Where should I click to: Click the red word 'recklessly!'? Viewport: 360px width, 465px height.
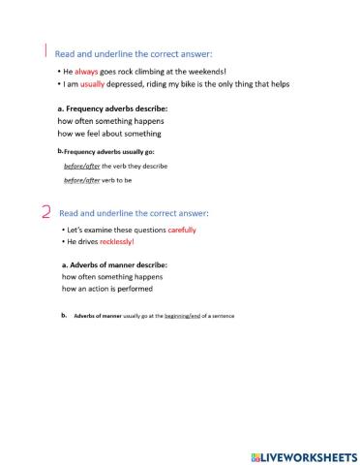[x=122, y=241]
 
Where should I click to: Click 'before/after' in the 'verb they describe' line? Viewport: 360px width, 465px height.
[x=79, y=166]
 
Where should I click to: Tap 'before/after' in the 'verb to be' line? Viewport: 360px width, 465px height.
[x=79, y=181]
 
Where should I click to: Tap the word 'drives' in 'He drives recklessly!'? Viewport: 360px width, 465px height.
[x=88, y=241]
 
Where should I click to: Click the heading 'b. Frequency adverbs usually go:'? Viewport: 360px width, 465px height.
[x=106, y=152]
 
